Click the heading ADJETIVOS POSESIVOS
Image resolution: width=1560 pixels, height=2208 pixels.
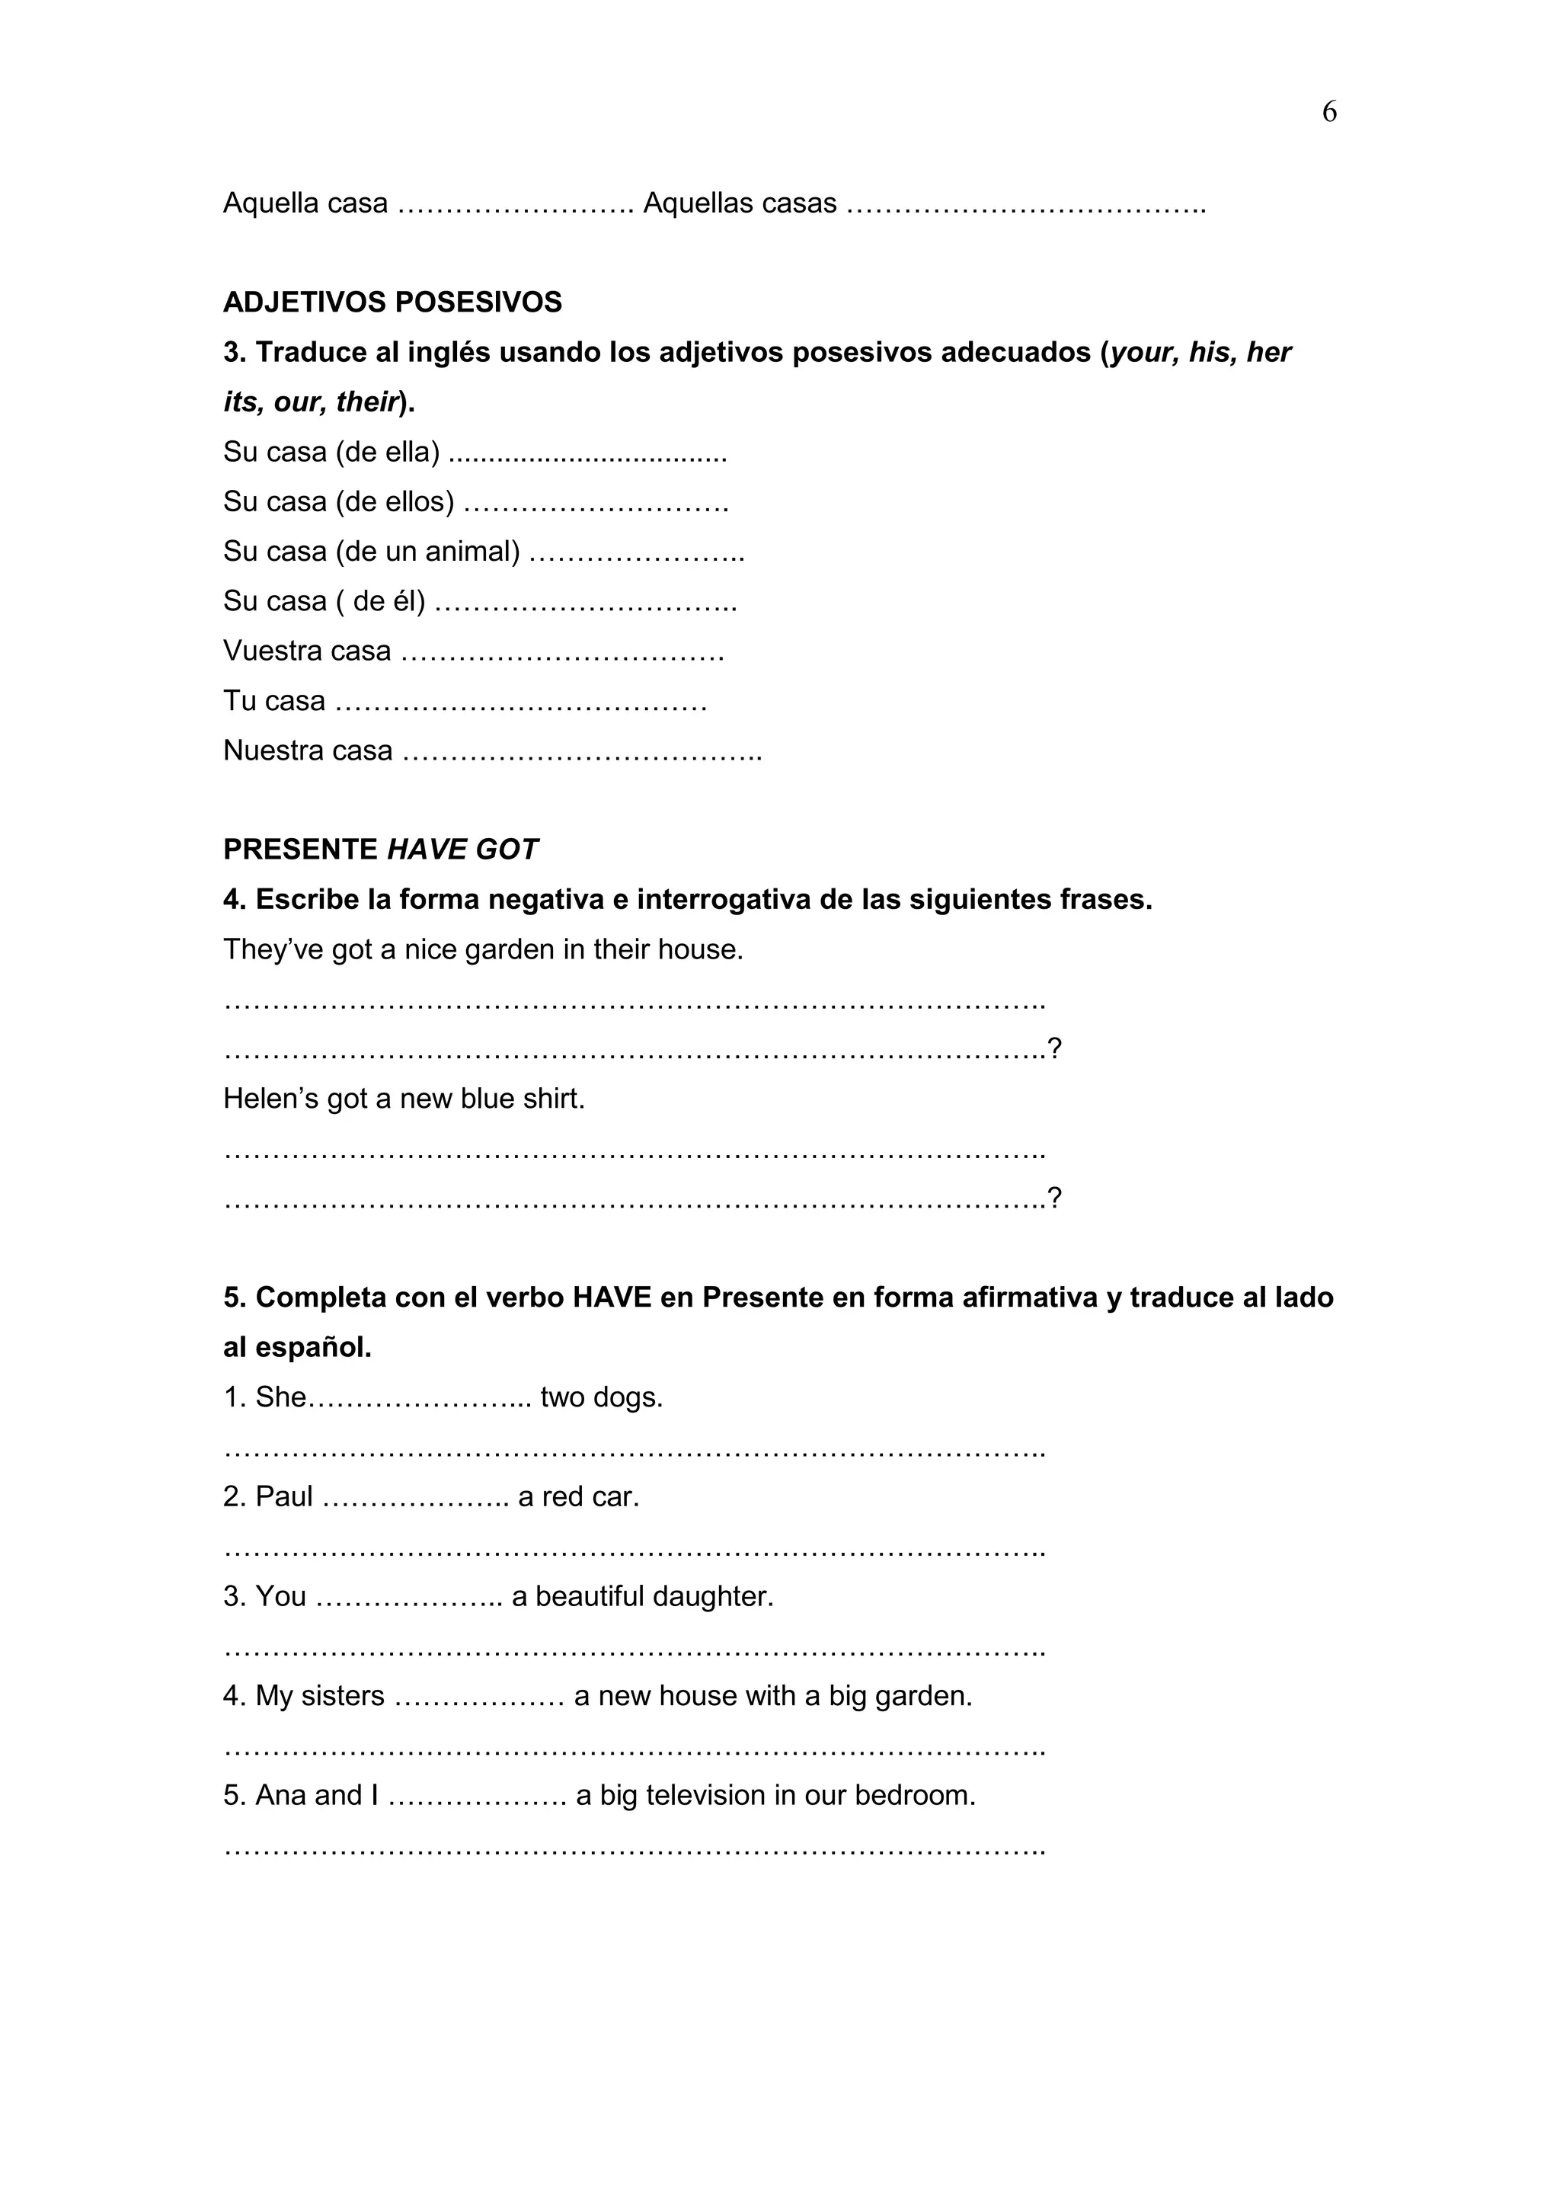pyautogui.click(x=392, y=302)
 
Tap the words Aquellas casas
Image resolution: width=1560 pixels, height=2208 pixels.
pyautogui.click(x=739, y=203)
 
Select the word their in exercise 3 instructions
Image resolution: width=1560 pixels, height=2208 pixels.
pyautogui.click(x=366, y=402)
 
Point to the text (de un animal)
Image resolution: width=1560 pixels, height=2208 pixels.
pyautogui.click(x=428, y=551)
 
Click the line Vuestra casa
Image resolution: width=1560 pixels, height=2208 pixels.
pyautogui.click(x=307, y=651)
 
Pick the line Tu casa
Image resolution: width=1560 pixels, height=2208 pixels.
pyautogui.click(x=274, y=701)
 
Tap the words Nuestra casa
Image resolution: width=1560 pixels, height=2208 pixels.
pyautogui.click(x=308, y=750)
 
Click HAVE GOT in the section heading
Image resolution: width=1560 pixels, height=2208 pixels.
pyautogui.click(x=462, y=850)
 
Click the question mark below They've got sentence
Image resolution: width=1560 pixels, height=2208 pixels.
pyautogui.click(x=1054, y=1048)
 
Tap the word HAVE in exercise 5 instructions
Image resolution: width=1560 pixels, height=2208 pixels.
pyautogui.click(x=610, y=1298)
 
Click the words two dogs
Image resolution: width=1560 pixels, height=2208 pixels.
pyautogui.click(x=601, y=1397)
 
